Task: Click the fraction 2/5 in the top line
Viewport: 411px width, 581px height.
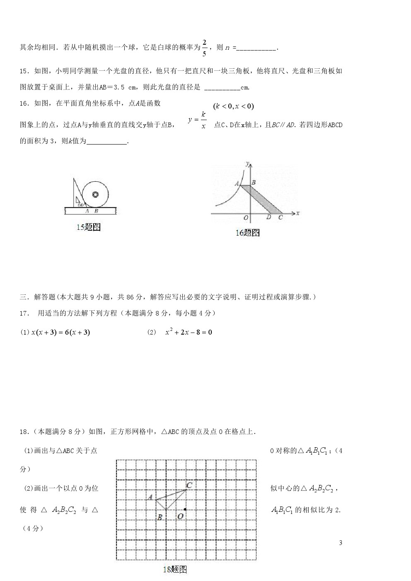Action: (x=204, y=47)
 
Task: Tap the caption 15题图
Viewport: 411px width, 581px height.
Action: (x=89, y=227)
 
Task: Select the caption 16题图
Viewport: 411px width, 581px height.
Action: (x=247, y=233)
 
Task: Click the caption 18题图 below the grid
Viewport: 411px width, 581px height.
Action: (x=174, y=569)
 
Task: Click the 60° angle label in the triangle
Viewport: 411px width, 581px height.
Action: (x=80, y=205)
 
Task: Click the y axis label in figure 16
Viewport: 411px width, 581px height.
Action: (x=247, y=164)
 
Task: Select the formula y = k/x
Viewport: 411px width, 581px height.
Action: (x=198, y=120)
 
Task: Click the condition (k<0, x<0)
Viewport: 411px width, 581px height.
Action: (x=233, y=106)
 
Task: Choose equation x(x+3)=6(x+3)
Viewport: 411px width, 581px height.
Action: (x=60, y=332)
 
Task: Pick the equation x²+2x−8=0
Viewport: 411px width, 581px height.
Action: (x=189, y=332)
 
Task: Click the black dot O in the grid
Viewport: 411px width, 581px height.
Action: (x=185, y=509)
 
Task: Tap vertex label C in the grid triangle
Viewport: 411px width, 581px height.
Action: (x=189, y=485)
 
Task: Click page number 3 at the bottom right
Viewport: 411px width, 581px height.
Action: (x=341, y=543)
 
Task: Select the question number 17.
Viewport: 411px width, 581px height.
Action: (x=24, y=313)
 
